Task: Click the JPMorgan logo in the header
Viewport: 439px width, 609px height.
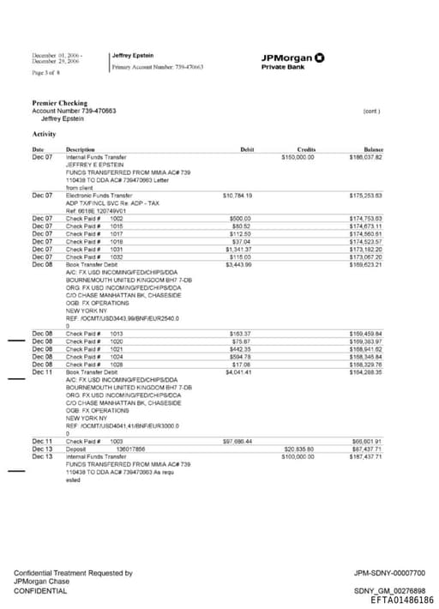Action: [292, 58]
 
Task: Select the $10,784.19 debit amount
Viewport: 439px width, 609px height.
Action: [237, 196]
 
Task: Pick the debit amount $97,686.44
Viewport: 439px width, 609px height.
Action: [237, 441]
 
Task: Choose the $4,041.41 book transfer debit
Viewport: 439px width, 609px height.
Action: [238, 372]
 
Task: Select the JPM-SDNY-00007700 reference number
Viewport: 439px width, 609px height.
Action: [389, 573]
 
